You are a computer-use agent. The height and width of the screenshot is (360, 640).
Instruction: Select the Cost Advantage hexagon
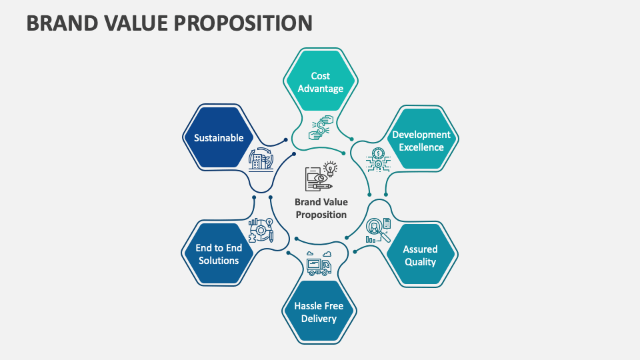[320, 82]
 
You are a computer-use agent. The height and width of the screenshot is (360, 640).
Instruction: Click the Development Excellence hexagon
[421, 140]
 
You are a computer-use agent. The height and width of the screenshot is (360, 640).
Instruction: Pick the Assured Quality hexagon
[420, 255]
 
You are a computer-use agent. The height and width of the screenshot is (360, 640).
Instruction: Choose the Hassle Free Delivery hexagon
[319, 312]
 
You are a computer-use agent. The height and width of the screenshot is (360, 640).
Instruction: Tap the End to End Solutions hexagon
[218, 253]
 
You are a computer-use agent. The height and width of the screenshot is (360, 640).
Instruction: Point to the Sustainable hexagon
[218, 138]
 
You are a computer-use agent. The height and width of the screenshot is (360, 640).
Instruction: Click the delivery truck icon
[319, 264]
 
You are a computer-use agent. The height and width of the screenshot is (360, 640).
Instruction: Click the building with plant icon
[260, 160]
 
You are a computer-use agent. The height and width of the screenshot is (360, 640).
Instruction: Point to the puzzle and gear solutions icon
[261, 230]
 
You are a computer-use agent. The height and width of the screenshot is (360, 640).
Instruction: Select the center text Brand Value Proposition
[321, 208]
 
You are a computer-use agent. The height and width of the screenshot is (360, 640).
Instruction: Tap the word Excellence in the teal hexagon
[421, 147]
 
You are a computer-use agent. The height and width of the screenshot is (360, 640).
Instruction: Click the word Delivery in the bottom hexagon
[319, 319]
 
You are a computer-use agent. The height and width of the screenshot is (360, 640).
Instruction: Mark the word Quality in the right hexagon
[420, 262]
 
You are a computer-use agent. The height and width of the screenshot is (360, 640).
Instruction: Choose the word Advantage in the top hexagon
[320, 89]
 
